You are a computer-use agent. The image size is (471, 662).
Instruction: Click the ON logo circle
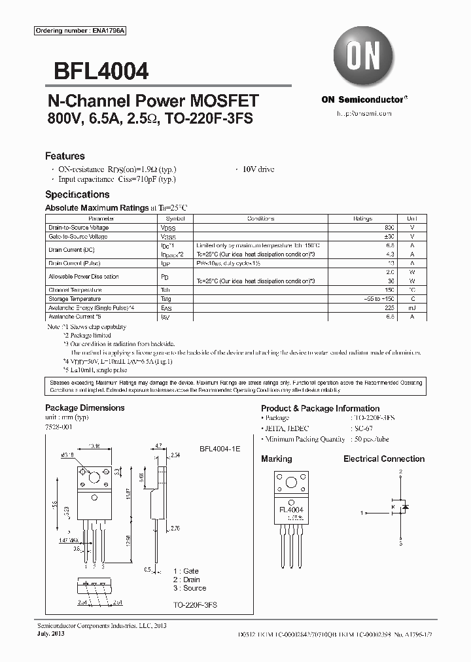[x=363, y=57]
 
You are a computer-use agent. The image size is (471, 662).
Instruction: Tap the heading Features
[x=65, y=156]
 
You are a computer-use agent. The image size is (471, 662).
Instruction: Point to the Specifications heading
[x=77, y=194]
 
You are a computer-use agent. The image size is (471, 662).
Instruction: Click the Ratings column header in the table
[x=363, y=218]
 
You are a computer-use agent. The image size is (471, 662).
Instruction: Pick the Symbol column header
[x=175, y=218]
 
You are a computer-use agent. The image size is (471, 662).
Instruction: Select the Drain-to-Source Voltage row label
[x=78, y=227]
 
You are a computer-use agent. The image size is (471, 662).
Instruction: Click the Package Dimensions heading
[x=84, y=408]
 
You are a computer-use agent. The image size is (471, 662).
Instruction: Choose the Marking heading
[x=276, y=459]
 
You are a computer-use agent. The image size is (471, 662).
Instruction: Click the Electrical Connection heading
[x=384, y=459]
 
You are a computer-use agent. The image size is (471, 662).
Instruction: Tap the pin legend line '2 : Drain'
[x=186, y=580]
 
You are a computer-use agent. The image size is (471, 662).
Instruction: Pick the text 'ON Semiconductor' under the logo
[x=363, y=99]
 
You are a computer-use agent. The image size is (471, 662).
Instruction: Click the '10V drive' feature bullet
[x=258, y=169]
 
